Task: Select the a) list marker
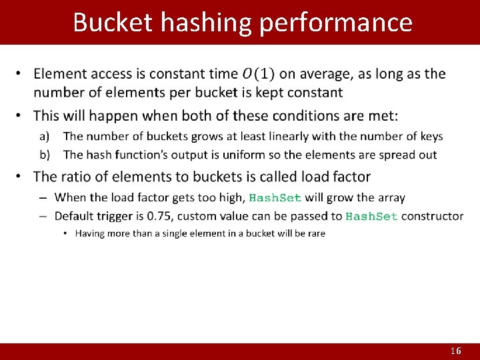[x=44, y=137]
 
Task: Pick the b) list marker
[x=44, y=155]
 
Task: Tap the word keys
[x=431, y=137]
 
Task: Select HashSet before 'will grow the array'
[x=275, y=198]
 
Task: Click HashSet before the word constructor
[x=371, y=216]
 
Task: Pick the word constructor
[x=432, y=216]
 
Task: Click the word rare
[x=315, y=233]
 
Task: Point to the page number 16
[x=455, y=351]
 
